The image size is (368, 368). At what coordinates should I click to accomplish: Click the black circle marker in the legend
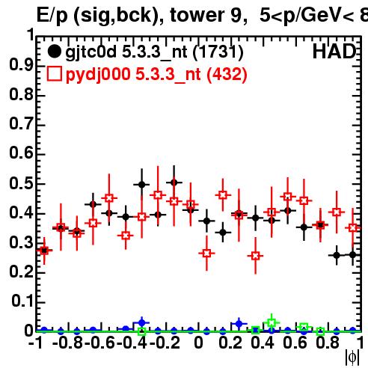click(54, 52)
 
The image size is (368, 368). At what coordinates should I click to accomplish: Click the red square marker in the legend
click(54, 73)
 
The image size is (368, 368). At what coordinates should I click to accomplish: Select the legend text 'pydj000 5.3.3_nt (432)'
click(156, 74)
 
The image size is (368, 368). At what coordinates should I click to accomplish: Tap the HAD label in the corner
click(334, 52)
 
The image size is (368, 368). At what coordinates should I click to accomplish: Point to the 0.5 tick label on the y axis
click(21, 183)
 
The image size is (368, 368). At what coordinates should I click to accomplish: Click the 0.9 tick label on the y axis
click(21, 65)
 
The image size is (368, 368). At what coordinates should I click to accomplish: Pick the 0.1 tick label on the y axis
click(22, 301)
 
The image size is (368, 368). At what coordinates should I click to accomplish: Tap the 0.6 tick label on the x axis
click(295, 343)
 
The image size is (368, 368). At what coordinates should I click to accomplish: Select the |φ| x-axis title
click(352, 358)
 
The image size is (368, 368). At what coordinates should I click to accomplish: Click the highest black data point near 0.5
click(174, 183)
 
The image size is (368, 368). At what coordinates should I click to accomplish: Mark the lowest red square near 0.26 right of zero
click(256, 256)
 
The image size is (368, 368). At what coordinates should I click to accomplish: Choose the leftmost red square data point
click(44, 251)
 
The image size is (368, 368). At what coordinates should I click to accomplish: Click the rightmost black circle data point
click(353, 255)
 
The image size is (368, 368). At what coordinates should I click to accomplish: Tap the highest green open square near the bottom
click(272, 322)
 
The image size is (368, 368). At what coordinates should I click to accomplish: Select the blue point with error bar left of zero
click(141, 323)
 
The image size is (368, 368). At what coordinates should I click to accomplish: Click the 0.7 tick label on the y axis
click(21, 123)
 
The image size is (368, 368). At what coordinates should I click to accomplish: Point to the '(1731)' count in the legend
click(218, 52)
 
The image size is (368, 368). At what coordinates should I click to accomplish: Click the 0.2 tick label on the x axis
click(230, 343)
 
